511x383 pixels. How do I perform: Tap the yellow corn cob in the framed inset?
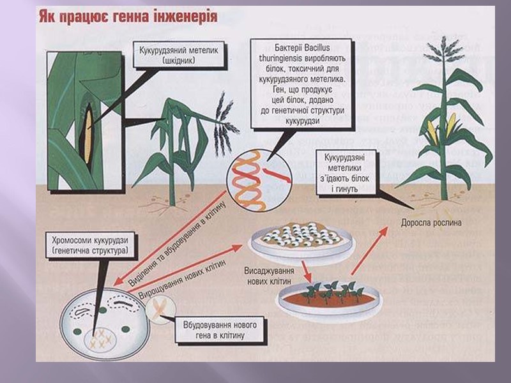(x=88, y=135)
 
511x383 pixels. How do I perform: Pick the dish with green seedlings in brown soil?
(x=329, y=297)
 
